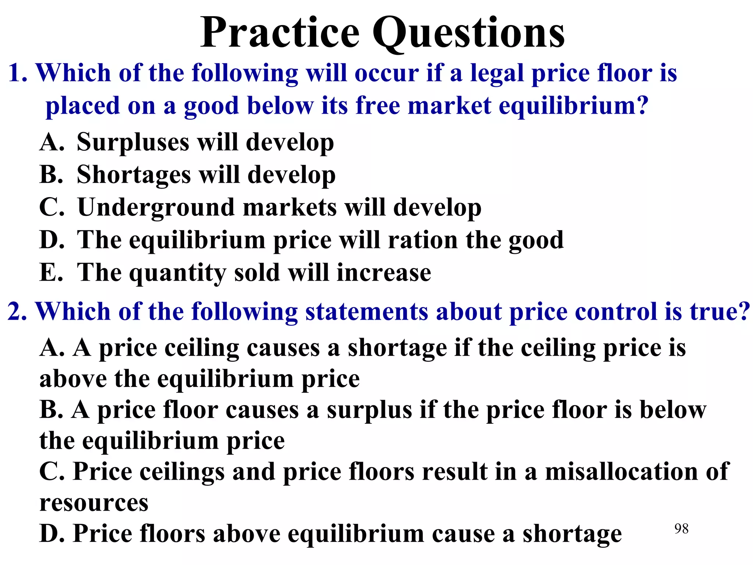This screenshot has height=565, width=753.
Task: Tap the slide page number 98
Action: coord(681,529)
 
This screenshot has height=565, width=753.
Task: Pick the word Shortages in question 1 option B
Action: coord(134,175)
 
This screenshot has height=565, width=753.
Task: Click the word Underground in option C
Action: coord(156,207)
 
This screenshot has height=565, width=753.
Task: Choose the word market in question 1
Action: coord(449,106)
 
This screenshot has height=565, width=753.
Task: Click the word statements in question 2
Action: coord(367,312)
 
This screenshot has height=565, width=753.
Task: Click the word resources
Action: coord(94,503)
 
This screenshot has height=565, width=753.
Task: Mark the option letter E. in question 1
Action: coord(51,273)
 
